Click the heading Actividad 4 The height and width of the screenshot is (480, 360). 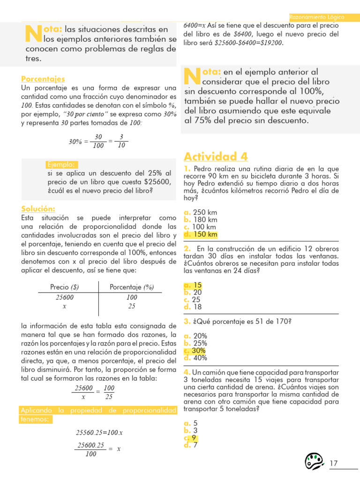tap(216, 156)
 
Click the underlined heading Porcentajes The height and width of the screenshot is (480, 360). tap(43, 79)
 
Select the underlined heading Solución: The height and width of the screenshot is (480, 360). tap(38, 209)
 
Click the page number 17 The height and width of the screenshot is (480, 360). tap(334, 464)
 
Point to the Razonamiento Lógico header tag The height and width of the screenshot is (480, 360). tap(316, 17)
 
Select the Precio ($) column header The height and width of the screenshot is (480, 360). tap(64, 287)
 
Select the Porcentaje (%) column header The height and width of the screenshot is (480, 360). tap(131, 287)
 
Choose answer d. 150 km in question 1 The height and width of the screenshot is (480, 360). tap(201, 234)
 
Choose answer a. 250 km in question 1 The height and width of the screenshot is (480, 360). tap(201, 212)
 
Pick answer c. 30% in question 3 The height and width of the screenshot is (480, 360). tap(195, 351)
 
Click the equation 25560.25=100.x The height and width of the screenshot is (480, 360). tap(99, 432)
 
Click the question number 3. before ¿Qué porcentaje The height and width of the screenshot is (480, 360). tap(187, 322)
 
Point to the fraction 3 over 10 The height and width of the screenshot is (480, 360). tap(121, 141)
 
